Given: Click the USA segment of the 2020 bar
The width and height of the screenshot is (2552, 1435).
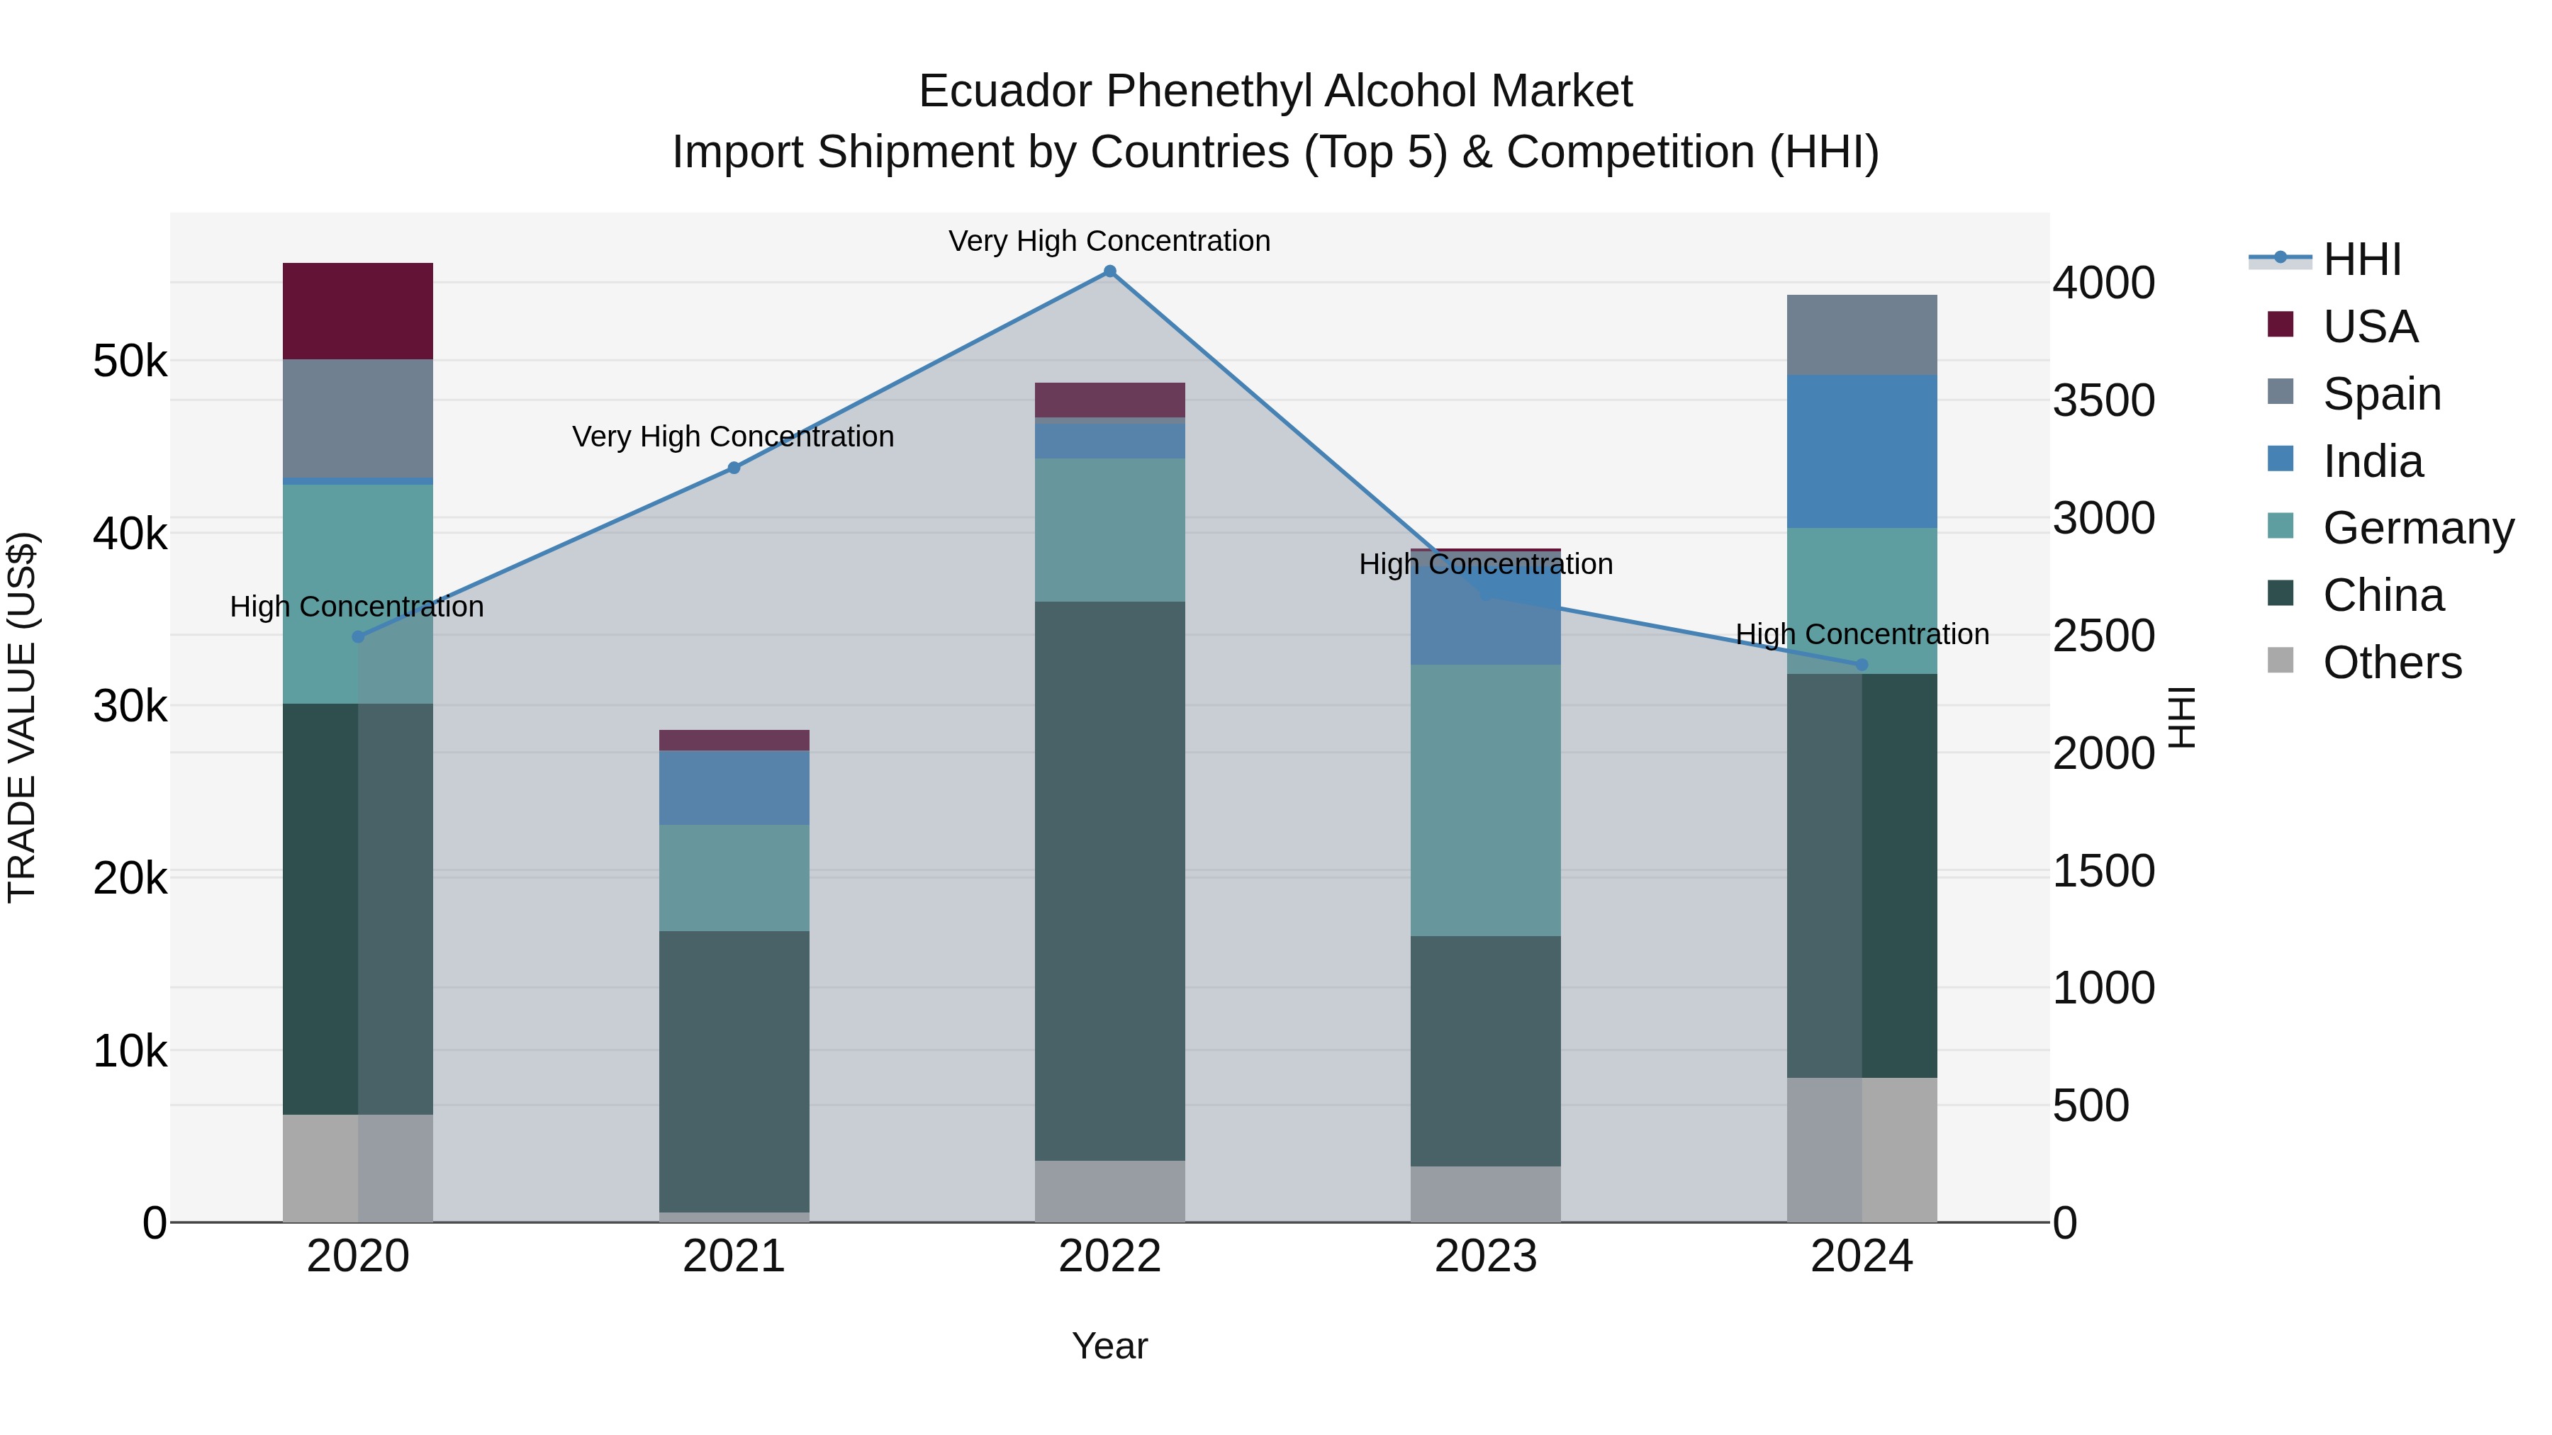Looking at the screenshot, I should point(358,311).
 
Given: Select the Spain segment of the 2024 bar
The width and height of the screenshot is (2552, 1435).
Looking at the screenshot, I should point(1862,334).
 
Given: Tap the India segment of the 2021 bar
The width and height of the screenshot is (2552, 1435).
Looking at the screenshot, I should point(734,787).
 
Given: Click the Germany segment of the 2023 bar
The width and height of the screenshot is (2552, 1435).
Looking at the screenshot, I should point(1485,799).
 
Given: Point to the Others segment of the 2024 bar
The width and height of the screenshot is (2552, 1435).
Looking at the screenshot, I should point(1862,1149).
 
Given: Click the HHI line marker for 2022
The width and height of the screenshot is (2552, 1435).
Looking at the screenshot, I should point(1109,271).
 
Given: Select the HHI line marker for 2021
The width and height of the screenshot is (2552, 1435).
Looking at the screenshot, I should point(734,468).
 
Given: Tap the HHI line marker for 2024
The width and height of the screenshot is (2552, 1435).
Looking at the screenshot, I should point(1862,665).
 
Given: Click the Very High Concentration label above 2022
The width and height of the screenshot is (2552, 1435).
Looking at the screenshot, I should point(1109,241).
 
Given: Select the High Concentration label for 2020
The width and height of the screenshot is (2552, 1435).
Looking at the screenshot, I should point(357,606).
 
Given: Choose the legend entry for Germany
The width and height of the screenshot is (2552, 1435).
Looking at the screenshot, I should point(2417,528).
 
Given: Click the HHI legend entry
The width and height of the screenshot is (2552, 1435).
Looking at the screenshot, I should point(2362,259).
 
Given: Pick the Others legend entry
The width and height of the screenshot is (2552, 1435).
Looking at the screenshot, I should point(2392,663).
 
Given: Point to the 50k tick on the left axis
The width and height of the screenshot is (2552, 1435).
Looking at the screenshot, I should point(130,361).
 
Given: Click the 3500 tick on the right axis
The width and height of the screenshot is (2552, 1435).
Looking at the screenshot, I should point(2103,400).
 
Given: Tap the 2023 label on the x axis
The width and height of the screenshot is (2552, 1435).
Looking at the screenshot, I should point(1485,1256).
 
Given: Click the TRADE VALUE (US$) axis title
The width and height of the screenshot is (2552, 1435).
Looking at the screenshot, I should point(22,717).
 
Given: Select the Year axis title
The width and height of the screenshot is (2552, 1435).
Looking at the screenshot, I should point(1109,1346).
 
